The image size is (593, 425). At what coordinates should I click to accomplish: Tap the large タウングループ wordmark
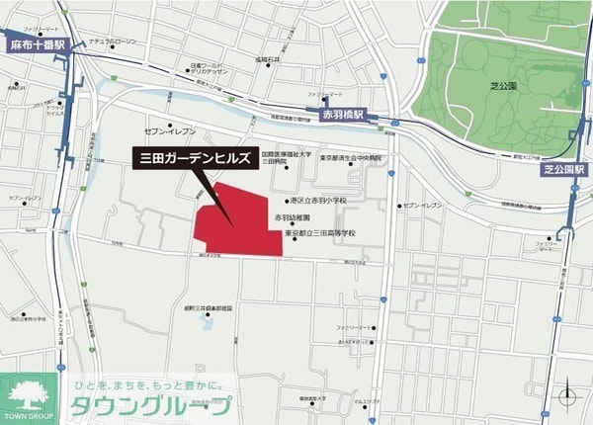tap(152, 405)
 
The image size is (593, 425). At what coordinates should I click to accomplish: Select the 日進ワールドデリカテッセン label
tap(209, 70)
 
